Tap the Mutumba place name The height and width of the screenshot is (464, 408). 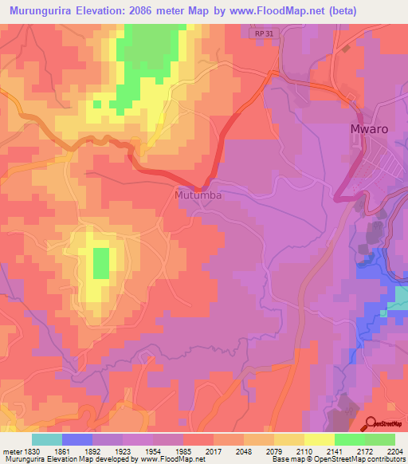(x=198, y=195)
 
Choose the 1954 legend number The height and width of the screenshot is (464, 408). (x=153, y=452)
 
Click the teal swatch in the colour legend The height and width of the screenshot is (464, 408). (x=47, y=439)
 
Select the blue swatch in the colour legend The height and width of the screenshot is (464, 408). (x=77, y=439)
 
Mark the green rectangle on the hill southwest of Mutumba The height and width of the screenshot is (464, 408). (x=101, y=263)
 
